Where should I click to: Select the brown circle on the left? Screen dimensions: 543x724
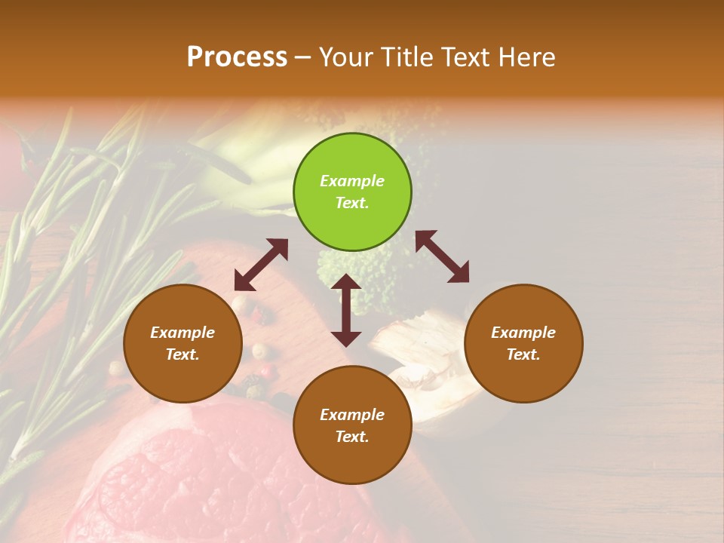pyautogui.click(x=183, y=343)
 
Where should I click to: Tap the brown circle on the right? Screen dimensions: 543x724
pyautogui.click(x=523, y=343)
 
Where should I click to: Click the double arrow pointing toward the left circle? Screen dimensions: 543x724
pyautogui.click(x=261, y=265)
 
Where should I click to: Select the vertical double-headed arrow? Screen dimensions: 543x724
pyautogui.click(x=346, y=310)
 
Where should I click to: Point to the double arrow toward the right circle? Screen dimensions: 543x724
pyautogui.click(x=442, y=257)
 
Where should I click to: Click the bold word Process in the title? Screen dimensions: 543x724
pyautogui.click(x=237, y=57)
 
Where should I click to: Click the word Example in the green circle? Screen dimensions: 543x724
pyautogui.click(x=352, y=181)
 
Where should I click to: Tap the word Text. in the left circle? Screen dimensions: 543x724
pyautogui.click(x=183, y=354)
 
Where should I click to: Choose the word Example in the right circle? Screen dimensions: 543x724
pyautogui.click(x=523, y=333)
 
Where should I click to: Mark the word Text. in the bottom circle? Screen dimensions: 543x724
pyautogui.click(x=352, y=437)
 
